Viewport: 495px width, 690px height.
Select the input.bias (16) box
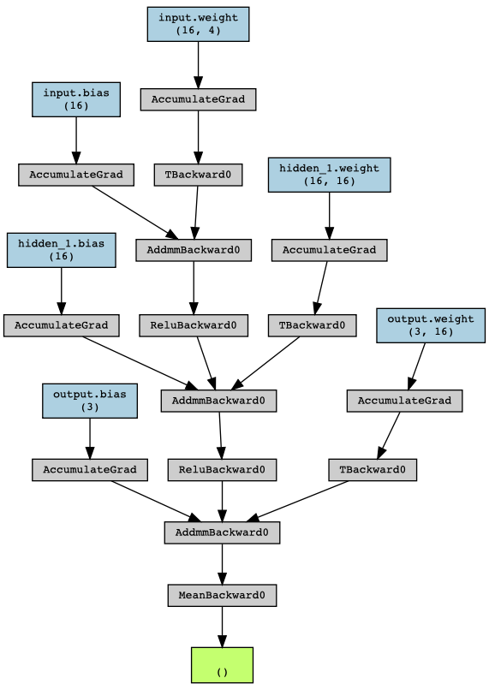coord(76,99)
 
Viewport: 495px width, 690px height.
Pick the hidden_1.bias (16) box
coord(61,250)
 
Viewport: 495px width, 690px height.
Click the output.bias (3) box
coord(90,401)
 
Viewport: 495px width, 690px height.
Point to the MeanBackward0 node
coord(222,595)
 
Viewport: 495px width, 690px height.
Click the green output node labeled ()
coord(222,665)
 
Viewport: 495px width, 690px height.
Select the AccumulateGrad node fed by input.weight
coord(198,99)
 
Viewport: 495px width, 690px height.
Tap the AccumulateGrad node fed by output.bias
coord(90,469)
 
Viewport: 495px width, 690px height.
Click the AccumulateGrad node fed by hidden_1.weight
coord(330,250)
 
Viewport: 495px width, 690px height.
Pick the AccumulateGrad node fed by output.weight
coord(404,401)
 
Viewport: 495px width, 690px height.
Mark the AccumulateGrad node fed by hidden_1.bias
coord(61,325)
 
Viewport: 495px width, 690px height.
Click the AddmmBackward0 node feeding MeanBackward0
coord(222,532)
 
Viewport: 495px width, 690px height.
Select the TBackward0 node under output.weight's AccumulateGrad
coord(373,469)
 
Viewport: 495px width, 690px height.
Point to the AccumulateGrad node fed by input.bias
coord(76,175)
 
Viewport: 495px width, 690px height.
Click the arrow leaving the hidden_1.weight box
coord(330,215)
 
